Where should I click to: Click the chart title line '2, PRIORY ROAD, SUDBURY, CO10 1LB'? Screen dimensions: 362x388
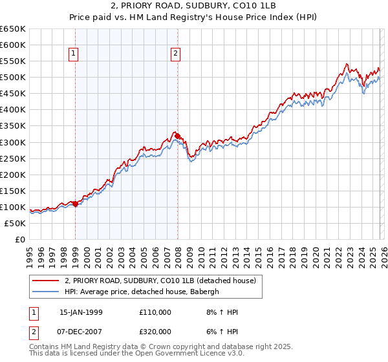194,7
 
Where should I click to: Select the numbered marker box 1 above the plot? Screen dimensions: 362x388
75,54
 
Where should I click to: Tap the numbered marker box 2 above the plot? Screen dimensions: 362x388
176,54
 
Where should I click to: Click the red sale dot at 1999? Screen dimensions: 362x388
76,204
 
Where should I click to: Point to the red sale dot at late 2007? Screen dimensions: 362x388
177,136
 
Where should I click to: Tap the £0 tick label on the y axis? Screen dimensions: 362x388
19,239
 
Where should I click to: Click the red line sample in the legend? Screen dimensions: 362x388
46,281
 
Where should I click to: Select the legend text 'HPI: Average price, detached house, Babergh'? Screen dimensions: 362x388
142,291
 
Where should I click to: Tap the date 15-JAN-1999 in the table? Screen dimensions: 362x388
81,312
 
